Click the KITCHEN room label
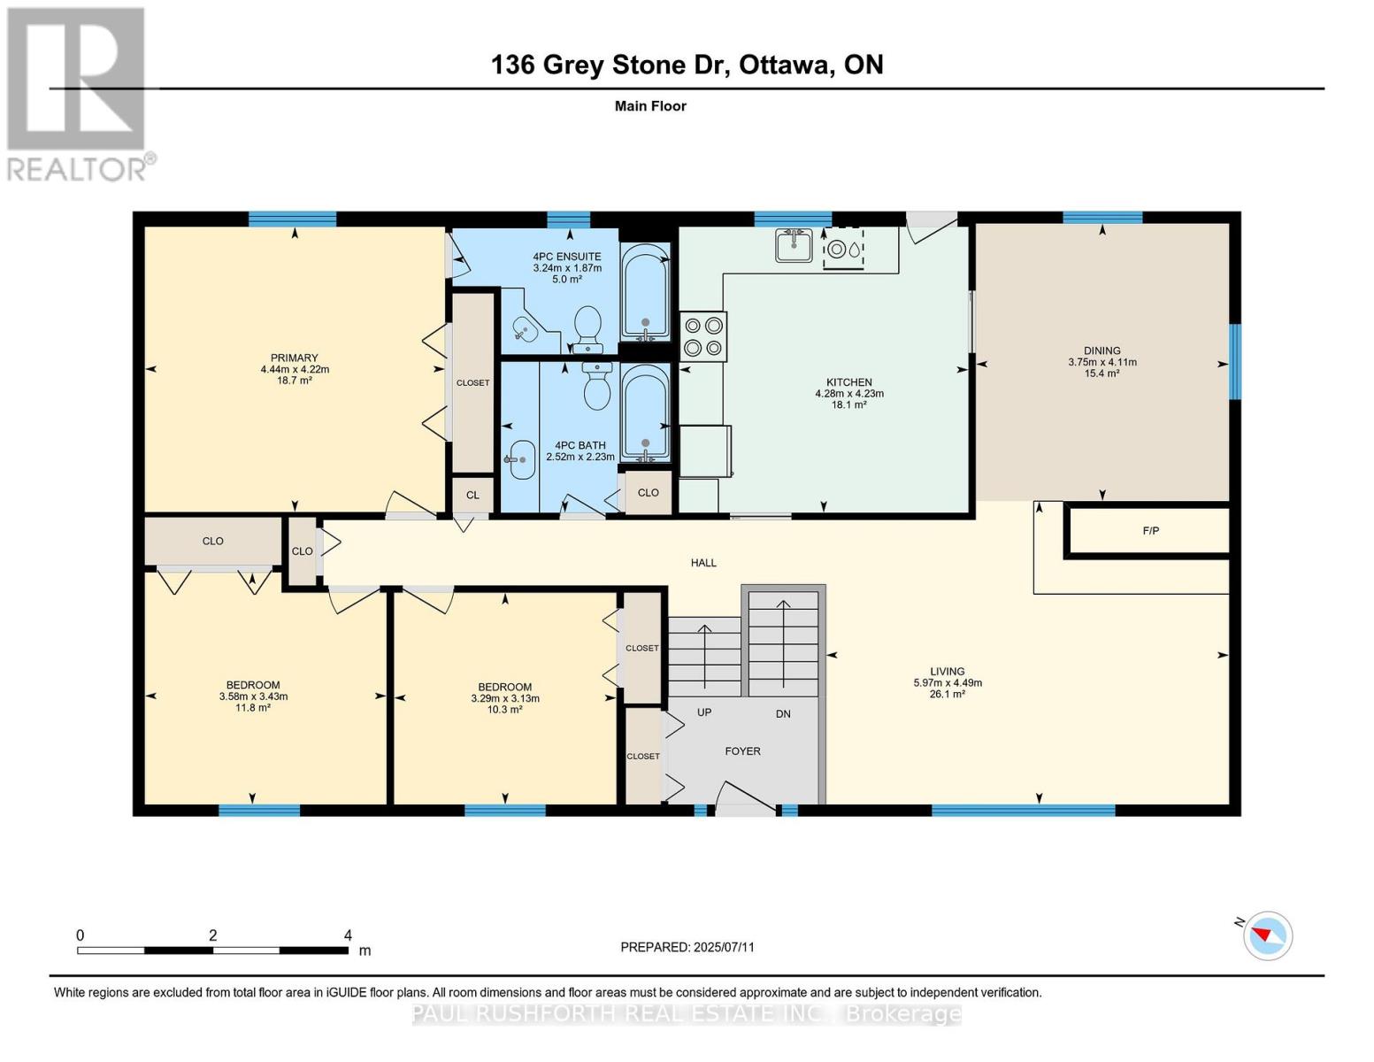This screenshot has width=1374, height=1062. pyautogui.click(x=848, y=382)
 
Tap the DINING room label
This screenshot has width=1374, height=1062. pyautogui.click(x=1102, y=350)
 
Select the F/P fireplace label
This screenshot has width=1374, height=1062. pyautogui.click(x=1150, y=531)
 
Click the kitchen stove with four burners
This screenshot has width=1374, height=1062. pyautogui.click(x=703, y=336)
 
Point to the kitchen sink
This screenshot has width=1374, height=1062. pyautogui.click(x=794, y=245)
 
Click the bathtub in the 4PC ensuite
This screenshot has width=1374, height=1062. pyautogui.click(x=644, y=291)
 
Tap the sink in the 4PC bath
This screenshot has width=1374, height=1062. pyautogui.click(x=522, y=459)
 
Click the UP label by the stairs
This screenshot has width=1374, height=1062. pyautogui.click(x=704, y=712)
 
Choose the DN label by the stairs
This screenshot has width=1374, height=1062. pyautogui.click(x=783, y=713)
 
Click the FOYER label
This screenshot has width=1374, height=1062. pyautogui.click(x=742, y=750)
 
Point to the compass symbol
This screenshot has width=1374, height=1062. pyautogui.click(x=1267, y=935)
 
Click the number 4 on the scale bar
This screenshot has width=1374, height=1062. pyautogui.click(x=348, y=935)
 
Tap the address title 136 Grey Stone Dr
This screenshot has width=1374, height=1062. pyautogui.click(x=687, y=65)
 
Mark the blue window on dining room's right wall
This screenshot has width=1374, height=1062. pyautogui.click(x=1235, y=361)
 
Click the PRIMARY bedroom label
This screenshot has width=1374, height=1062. pyautogui.click(x=294, y=358)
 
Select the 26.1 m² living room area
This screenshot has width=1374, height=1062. pyautogui.click(x=947, y=695)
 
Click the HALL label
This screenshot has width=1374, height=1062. pyautogui.click(x=703, y=563)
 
